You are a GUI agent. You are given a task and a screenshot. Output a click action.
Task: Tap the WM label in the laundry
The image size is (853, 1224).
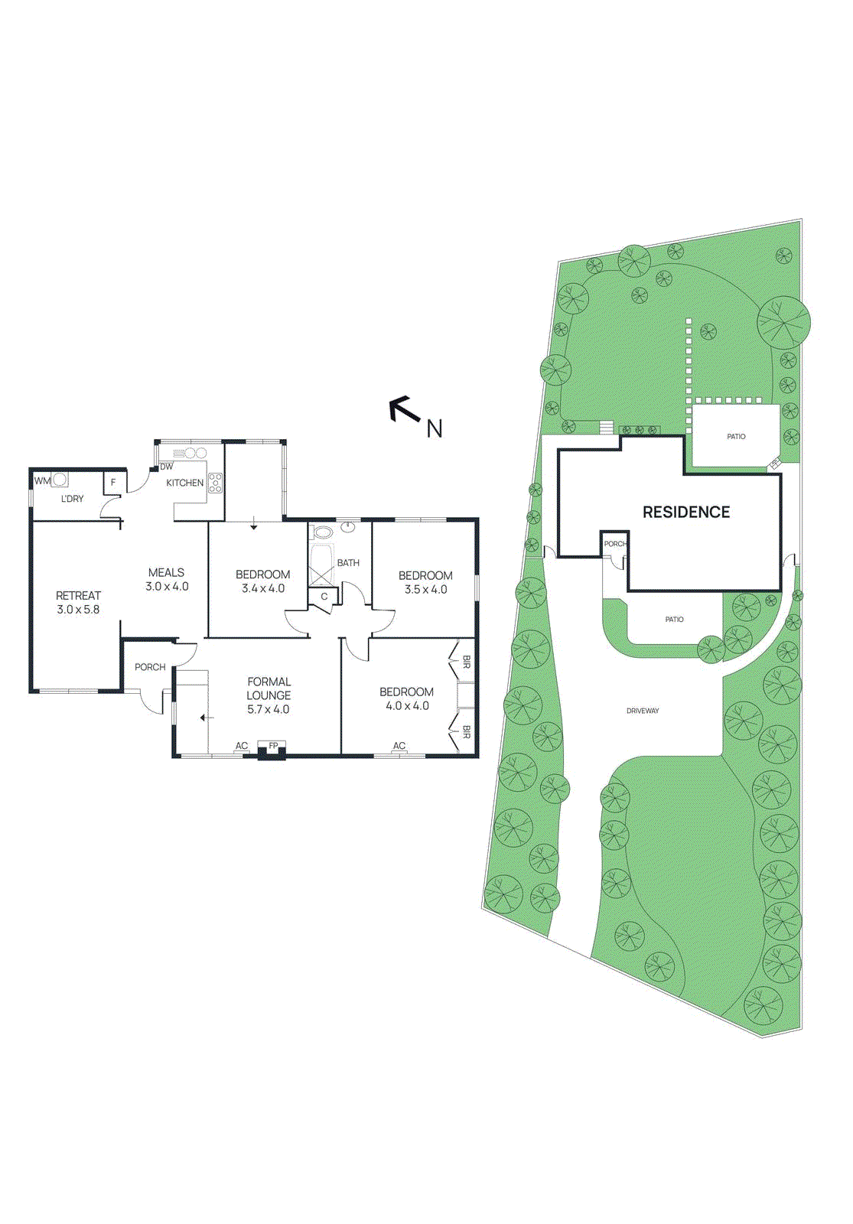pyautogui.click(x=41, y=481)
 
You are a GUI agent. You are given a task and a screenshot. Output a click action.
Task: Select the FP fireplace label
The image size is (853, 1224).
pyautogui.click(x=273, y=745)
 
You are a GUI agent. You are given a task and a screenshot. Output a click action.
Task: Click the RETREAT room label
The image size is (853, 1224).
pyautogui.click(x=78, y=595)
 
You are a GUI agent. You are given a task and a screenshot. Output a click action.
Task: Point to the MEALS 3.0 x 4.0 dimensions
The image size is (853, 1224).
pyautogui.click(x=167, y=587)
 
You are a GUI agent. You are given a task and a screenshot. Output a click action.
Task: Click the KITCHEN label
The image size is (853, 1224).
pyautogui.click(x=185, y=483)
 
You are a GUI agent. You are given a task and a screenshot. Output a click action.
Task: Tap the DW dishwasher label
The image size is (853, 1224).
pyautogui.click(x=166, y=467)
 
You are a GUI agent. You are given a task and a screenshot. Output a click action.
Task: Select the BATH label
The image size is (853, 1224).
pyautogui.click(x=348, y=563)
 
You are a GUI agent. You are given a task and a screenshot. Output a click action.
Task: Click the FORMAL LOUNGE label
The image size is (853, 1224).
pyautogui.click(x=269, y=688)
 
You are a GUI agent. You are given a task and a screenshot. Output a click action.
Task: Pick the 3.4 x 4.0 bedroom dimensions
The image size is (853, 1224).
pyautogui.click(x=263, y=589)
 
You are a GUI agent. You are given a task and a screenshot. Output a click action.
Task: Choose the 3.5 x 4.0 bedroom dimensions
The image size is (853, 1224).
pyautogui.click(x=425, y=590)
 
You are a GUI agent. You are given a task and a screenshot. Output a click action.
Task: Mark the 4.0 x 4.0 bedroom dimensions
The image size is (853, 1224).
pyautogui.click(x=407, y=706)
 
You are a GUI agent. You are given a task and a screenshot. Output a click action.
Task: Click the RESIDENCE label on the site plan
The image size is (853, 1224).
pyautogui.click(x=686, y=513)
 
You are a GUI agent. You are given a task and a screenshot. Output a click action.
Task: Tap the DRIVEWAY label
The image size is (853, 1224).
pyautogui.click(x=643, y=711)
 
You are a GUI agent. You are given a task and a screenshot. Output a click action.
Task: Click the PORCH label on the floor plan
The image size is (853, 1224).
pyautogui.click(x=150, y=667)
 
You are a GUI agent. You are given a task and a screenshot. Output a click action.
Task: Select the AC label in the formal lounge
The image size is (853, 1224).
pyautogui.click(x=242, y=746)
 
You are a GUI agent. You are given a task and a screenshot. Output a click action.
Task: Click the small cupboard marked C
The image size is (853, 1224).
pyautogui.click(x=324, y=597)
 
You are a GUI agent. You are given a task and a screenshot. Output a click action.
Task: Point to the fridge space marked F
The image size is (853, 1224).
pyautogui.click(x=113, y=483)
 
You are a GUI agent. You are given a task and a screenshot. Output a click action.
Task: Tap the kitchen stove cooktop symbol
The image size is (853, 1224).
pyautogui.click(x=216, y=483)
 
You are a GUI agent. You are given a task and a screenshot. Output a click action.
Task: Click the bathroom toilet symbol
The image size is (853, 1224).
pyautogui.click(x=324, y=532)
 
